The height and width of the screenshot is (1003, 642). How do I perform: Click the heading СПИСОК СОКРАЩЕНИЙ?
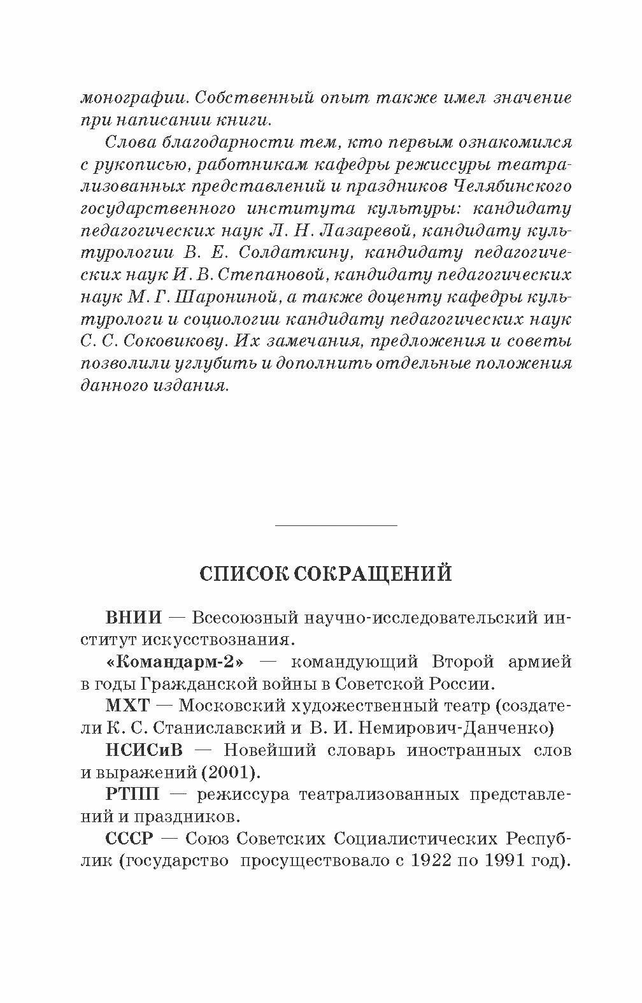(325, 573)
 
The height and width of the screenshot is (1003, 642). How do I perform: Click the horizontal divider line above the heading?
(336, 525)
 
